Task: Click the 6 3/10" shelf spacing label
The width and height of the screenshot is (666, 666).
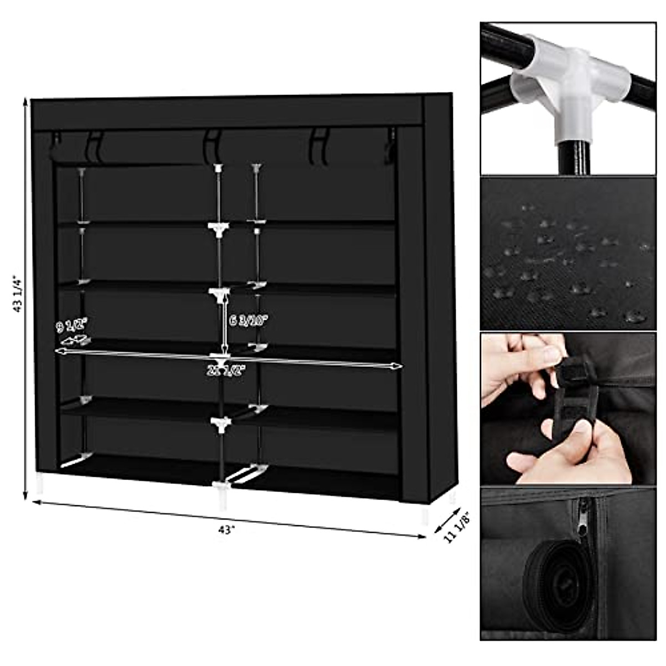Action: [248, 321]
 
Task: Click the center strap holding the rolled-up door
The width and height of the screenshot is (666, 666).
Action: [213, 145]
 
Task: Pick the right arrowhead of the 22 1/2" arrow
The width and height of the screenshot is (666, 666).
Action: [398, 366]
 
